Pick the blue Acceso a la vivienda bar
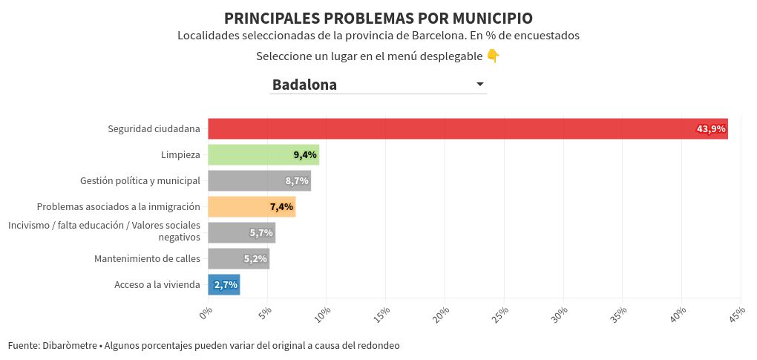click(223, 284)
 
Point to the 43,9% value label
click(710, 129)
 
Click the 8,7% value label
click(296, 180)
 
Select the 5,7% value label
click(261, 233)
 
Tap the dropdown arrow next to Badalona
click(479, 85)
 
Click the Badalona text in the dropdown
click(304, 85)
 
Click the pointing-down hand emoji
click(493, 56)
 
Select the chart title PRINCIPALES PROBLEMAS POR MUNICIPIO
click(378, 18)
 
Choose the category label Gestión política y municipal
click(140, 180)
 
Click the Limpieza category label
click(180, 154)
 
